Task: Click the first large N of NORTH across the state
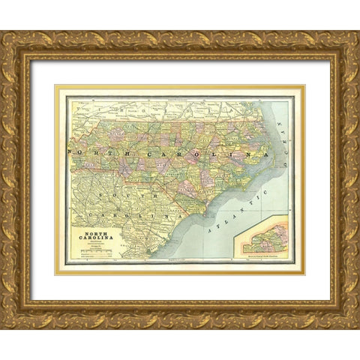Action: pyautogui.click(x=70, y=151)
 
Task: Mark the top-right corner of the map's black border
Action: pyautogui.click(x=290, y=97)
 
